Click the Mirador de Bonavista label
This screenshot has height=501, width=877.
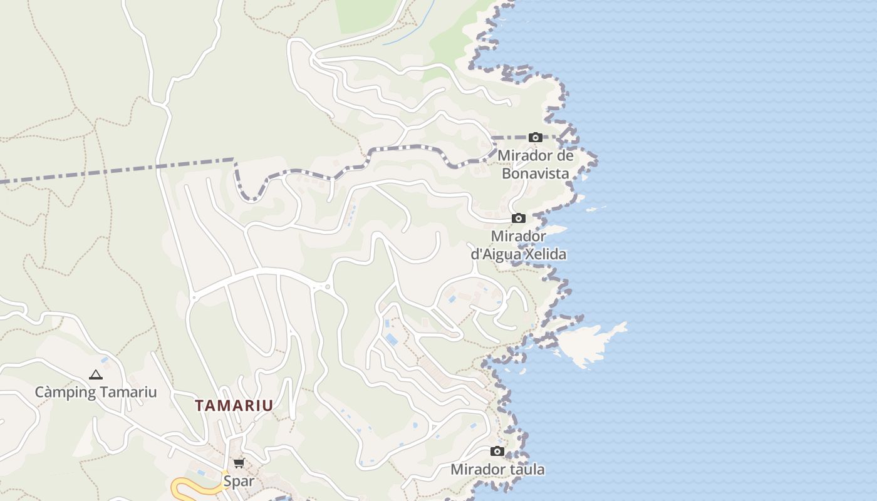click(x=536, y=164)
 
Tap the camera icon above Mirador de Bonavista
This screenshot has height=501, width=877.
click(x=536, y=138)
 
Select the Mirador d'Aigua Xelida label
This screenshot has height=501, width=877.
click(x=519, y=245)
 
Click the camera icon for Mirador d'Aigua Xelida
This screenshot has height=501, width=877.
click(x=519, y=219)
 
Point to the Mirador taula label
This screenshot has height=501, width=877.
click(x=497, y=469)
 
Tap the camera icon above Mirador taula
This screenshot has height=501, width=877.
click(x=497, y=451)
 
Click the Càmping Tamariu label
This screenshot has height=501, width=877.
click(x=95, y=392)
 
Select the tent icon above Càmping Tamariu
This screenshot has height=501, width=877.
click(x=95, y=375)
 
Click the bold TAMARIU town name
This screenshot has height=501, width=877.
click(x=234, y=405)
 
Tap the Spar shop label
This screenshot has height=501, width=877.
click(x=239, y=481)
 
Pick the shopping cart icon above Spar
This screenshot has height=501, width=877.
click(x=239, y=463)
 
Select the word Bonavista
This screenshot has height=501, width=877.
click(x=536, y=173)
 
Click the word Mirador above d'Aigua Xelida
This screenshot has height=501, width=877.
click(x=519, y=236)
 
